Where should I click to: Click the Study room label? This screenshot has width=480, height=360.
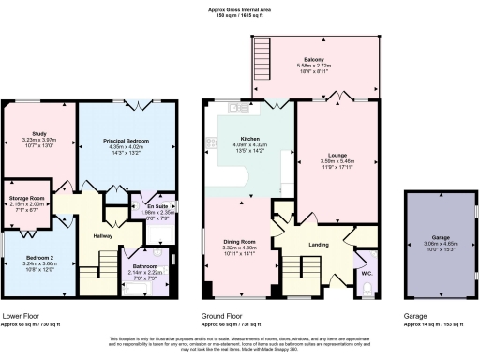point(38,134)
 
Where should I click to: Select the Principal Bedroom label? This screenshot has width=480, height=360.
point(127,140)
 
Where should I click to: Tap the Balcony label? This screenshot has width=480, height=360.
point(314,59)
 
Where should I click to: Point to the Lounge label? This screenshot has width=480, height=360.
point(338,155)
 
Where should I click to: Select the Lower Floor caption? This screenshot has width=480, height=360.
point(22,317)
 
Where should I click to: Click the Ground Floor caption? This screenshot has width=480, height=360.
point(224,317)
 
